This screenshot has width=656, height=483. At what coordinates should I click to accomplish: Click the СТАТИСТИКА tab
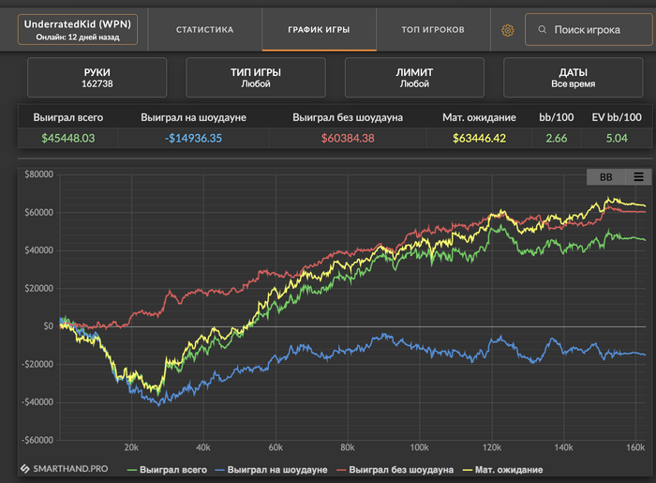pos(204,29)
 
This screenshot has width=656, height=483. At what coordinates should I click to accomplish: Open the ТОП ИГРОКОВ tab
pos(432,29)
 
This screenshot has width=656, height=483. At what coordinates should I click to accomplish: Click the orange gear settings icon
pos(508,30)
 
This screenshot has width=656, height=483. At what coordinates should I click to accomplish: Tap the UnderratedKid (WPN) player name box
pos(78,29)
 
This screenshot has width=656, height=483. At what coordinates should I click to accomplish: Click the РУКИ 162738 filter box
pos(97,77)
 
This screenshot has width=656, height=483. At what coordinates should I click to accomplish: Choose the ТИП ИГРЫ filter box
pos(256,77)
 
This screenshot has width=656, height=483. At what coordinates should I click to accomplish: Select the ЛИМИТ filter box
pos(414,77)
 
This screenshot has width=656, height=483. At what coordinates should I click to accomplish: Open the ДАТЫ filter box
pos(573,77)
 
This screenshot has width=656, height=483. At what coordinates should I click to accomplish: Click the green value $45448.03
pos(69,139)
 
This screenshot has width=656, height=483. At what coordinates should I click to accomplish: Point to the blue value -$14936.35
pos(193,139)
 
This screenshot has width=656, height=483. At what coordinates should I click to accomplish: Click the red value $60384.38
pos(347,139)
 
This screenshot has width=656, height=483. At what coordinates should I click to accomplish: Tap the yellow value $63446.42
pos(478,139)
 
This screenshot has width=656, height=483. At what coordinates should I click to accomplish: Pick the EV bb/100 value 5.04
pos(616,139)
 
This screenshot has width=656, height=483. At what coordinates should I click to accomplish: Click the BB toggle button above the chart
pos(605,176)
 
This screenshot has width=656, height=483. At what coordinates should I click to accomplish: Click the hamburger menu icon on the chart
pos(638,176)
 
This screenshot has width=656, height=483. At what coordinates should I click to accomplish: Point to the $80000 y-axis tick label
pos(39,174)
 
